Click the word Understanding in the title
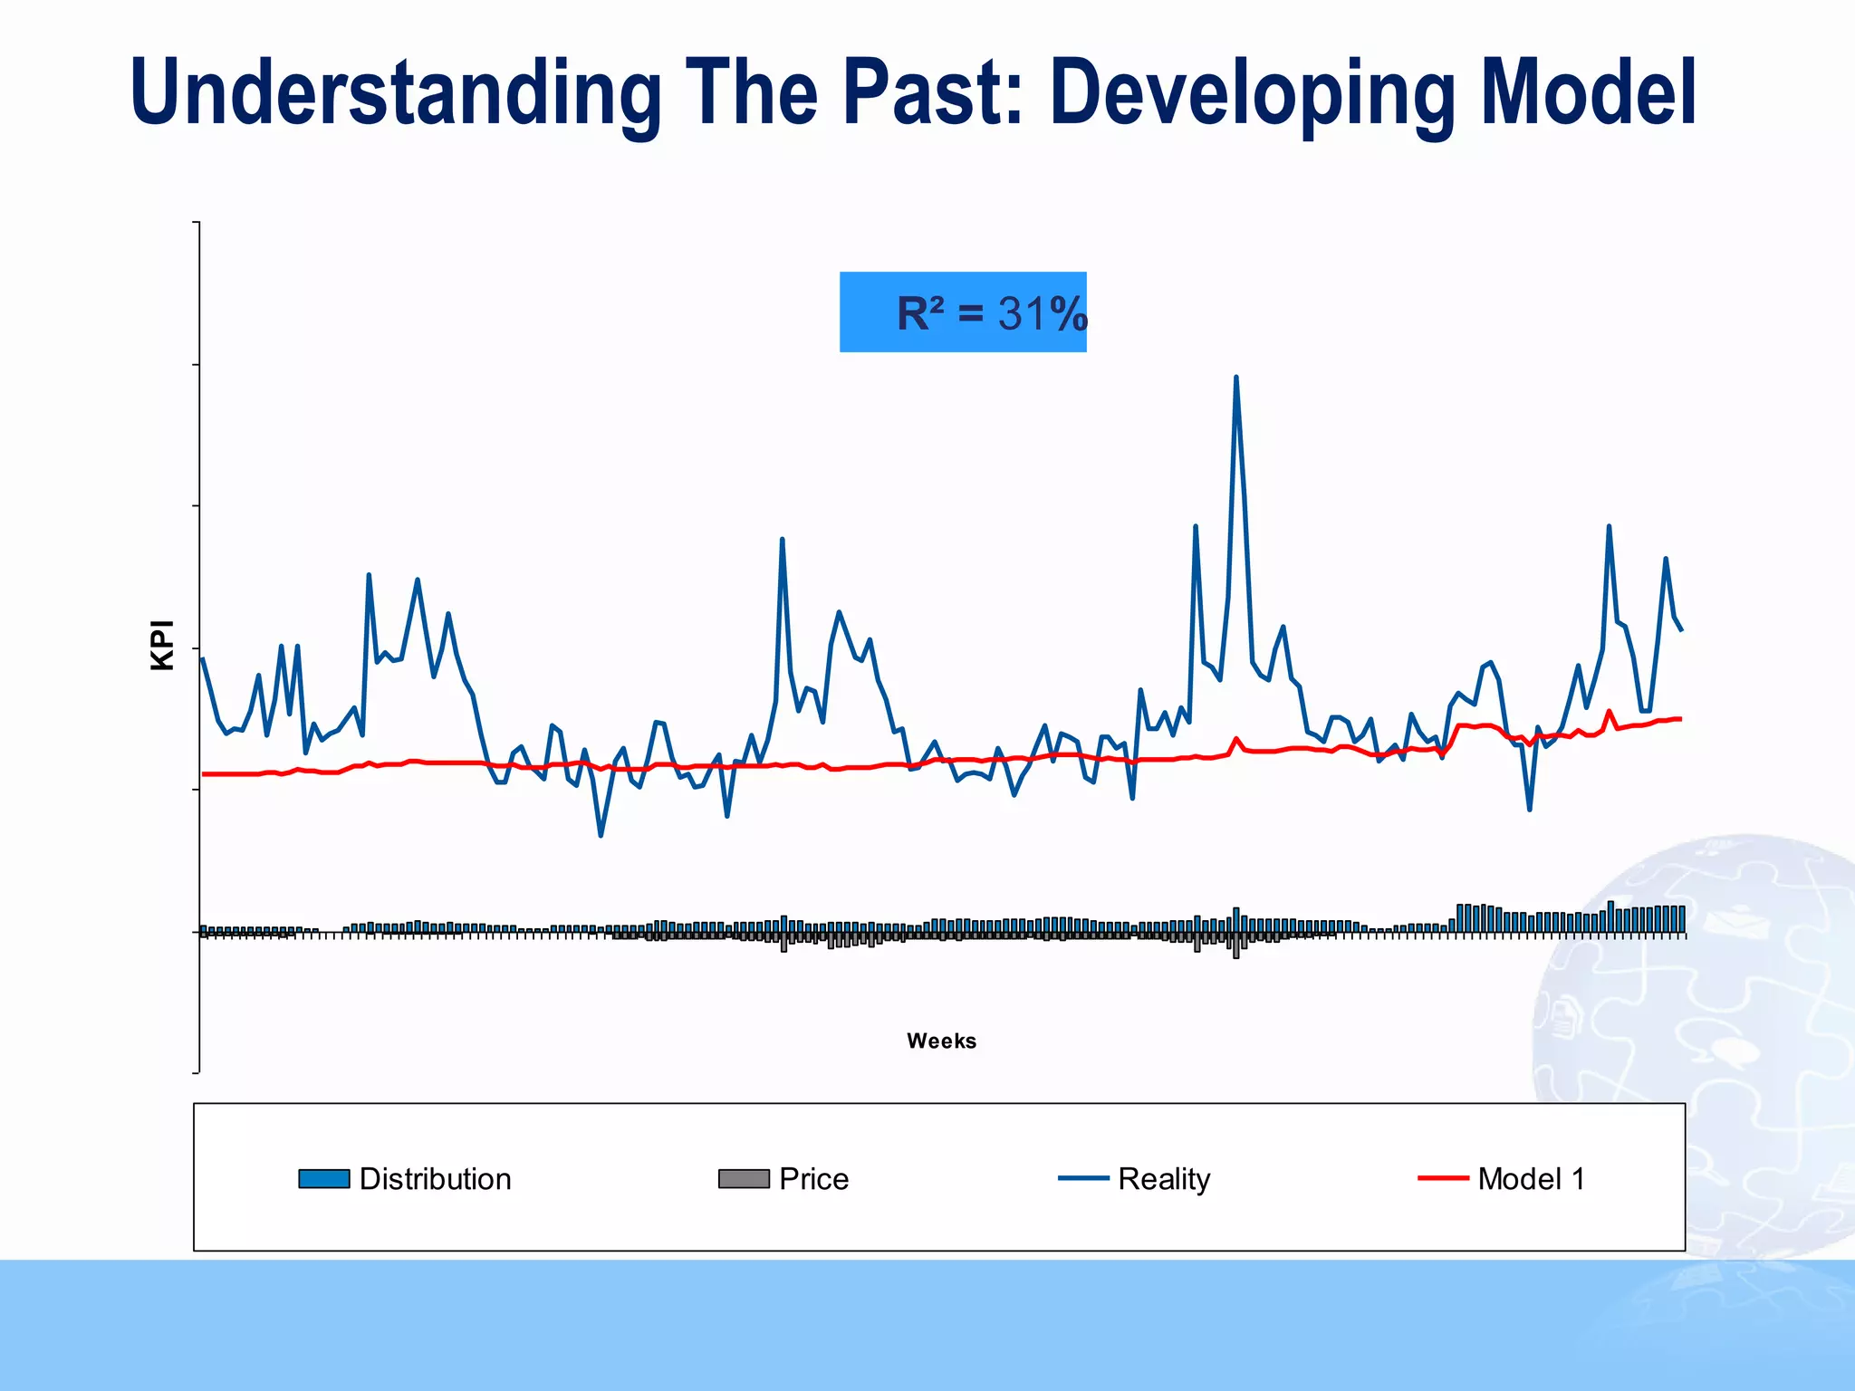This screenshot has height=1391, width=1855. [x=395, y=93]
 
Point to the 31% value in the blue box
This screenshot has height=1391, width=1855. [x=1042, y=314]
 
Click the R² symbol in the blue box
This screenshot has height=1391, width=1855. [x=920, y=314]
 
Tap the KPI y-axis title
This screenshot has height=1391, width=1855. [x=162, y=645]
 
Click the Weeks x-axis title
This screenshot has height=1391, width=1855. [x=941, y=1041]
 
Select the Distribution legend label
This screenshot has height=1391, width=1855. [x=435, y=1179]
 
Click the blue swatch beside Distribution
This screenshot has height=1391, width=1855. [x=323, y=1179]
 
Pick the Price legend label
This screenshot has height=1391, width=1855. [x=813, y=1179]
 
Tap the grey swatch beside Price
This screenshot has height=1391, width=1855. [x=743, y=1179]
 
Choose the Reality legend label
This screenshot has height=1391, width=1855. [x=1163, y=1179]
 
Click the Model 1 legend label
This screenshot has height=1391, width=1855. [x=1531, y=1179]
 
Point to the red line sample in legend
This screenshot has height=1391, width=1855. [x=1442, y=1178]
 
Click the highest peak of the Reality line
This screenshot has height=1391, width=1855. [x=1236, y=378]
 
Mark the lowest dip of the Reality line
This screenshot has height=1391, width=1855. [x=601, y=835]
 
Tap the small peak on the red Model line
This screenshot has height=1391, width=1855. [x=1609, y=711]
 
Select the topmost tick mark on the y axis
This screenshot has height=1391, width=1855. [x=196, y=222]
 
